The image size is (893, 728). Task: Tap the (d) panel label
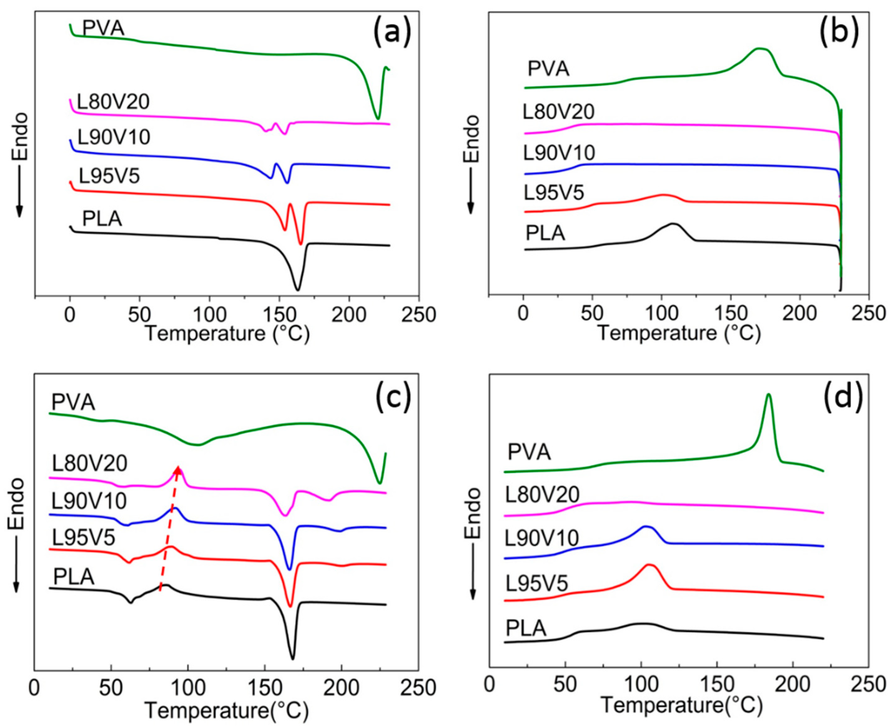tap(843, 397)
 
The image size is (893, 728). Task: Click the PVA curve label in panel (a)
tap(103, 28)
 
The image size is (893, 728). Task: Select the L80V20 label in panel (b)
tap(558, 111)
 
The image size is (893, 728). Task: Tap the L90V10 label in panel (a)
tap(114, 137)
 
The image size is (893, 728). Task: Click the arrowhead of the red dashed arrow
tap(179, 469)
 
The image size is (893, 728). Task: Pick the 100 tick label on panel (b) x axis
tap(661, 313)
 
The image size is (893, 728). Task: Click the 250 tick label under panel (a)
tap(418, 314)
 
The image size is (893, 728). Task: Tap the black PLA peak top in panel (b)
tap(673, 224)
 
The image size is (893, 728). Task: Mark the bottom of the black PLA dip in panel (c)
tap(293, 659)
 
